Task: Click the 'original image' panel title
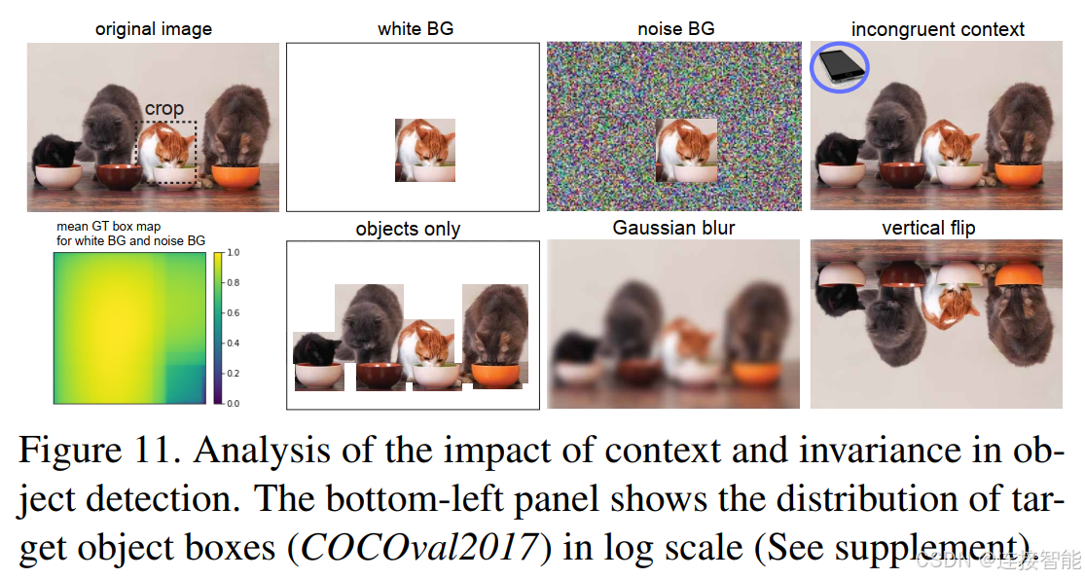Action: [x=154, y=29]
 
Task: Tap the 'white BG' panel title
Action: [x=416, y=28]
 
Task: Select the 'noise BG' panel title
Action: [x=676, y=28]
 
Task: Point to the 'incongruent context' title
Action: [x=938, y=29]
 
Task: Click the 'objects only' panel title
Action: [x=408, y=229]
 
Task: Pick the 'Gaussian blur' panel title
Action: [x=673, y=228]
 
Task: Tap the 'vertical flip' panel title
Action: [x=928, y=228]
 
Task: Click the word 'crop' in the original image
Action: [x=164, y=109]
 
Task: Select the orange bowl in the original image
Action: [x=235, y=176]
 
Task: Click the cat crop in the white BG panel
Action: [x=425, y=150]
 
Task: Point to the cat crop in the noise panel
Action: [x=686, y=150]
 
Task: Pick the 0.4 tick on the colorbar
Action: [x=234, y=344]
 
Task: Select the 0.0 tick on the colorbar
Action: [x=234, y=403]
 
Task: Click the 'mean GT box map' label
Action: [x=109, y=226]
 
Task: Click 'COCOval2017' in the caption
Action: [x=419, y=547]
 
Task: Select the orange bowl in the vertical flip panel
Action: [x=1019, y=274]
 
